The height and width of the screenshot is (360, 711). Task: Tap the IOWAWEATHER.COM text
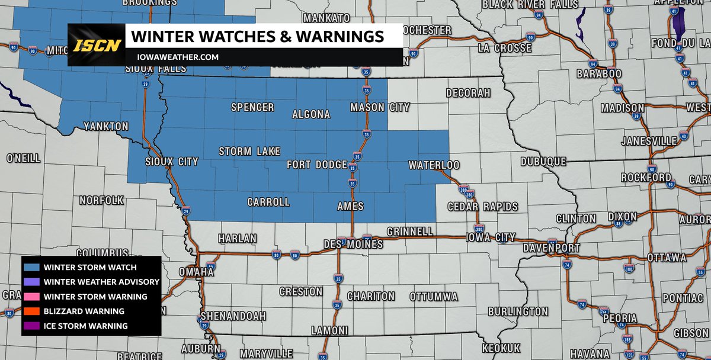point(175,57)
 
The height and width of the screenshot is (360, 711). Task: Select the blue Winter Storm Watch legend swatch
point(33,267)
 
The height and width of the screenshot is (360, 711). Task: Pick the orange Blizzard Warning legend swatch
point(33,311)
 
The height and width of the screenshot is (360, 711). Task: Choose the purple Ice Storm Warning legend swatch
point(33,326)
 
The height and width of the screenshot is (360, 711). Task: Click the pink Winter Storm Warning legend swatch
point(33,297)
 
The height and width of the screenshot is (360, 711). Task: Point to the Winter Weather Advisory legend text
point(101,282)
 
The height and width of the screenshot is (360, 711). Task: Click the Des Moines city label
point(353,244)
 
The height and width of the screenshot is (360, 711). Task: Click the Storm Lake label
point(249,152)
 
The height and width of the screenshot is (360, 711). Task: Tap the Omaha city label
point(196,272)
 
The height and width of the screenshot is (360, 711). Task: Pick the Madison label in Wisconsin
point(622,108)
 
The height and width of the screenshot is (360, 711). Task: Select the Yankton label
point(105,127)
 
